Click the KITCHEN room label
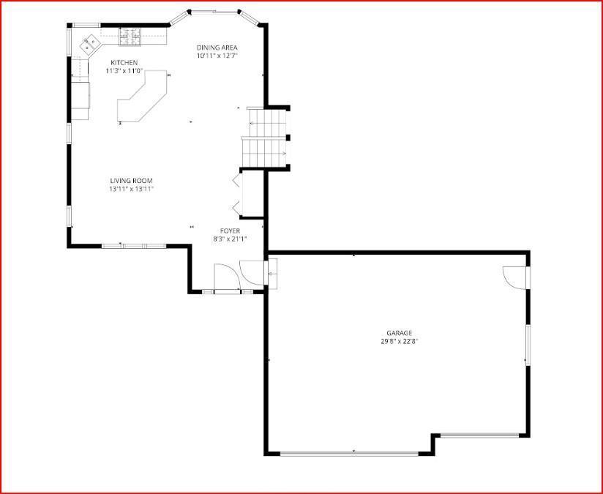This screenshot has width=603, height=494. point(124,62)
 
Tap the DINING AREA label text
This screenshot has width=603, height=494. point(217,48)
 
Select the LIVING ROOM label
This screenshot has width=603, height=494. point(132,181)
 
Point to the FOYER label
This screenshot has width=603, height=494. point(230,231)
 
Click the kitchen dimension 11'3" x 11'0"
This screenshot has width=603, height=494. point(124,71)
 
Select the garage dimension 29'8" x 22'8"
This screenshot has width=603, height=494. point(399,341)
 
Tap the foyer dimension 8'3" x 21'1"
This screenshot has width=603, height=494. point(230,239)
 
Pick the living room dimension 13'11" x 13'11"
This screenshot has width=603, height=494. point(132,189)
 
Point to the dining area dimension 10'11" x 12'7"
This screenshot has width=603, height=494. point(217,56)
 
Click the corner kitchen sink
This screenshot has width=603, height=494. point(91,44)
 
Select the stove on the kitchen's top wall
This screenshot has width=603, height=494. point(131,33)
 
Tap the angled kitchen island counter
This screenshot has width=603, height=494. point(143,99)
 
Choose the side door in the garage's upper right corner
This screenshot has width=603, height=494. point(515,277)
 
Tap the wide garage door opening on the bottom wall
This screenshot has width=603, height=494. point(350,453)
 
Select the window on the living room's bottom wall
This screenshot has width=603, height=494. point(133,246)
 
